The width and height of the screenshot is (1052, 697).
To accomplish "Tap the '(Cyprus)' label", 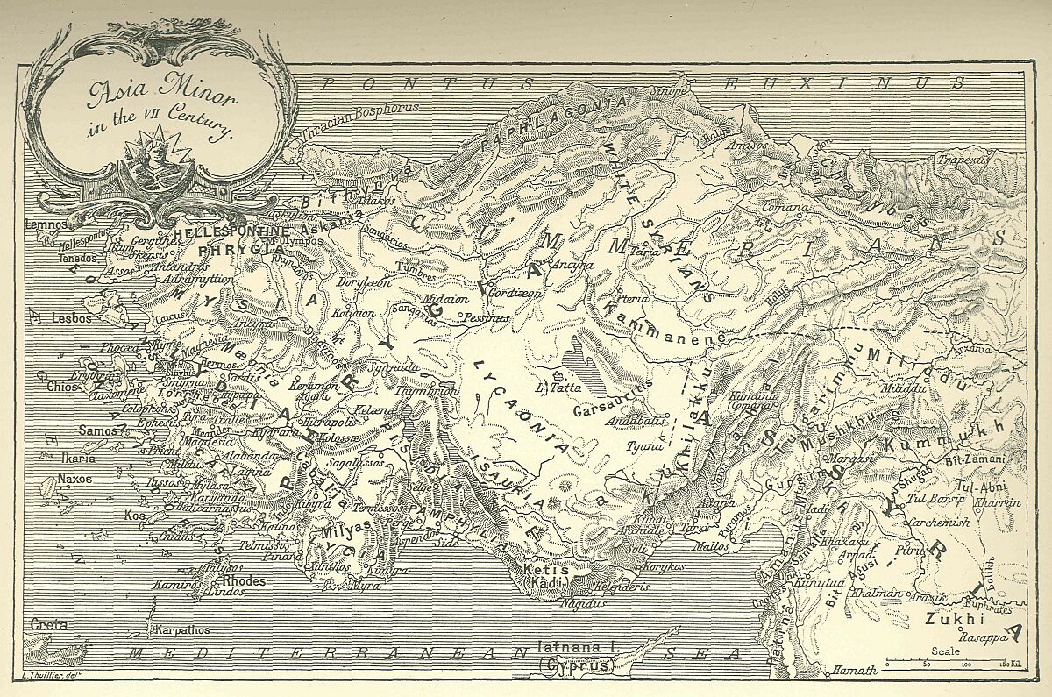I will pos(574,665).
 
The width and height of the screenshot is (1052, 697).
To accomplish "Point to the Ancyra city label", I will pos(573,264).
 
